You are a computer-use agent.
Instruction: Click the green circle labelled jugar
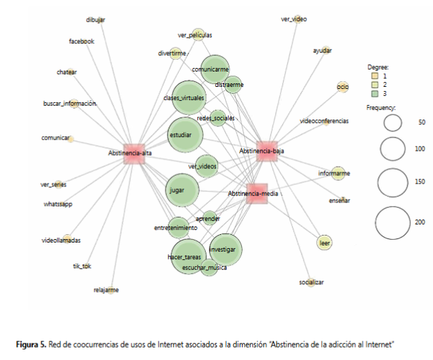pos(183,189)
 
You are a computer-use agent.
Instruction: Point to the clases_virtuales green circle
pos(189,98)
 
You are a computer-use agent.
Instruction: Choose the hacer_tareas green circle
pos(188,256)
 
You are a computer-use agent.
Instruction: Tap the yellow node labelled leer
pos(324,243)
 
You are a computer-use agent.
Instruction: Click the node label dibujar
pos(96,20)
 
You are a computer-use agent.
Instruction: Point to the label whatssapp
pos(57,204)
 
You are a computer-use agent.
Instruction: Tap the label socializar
pos(311,282)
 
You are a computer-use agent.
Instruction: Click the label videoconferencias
pos(324,121)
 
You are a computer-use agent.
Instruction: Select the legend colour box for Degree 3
pos(373,92)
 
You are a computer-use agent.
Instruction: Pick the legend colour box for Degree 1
pos(373,75)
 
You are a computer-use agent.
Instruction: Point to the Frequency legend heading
pos(381,108)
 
